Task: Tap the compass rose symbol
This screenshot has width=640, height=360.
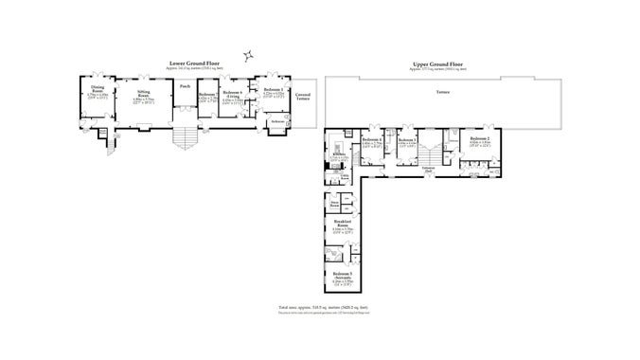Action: [248, 54]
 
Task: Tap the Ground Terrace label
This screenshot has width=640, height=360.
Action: [304, 96]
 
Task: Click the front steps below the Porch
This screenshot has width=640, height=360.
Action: [185, 136]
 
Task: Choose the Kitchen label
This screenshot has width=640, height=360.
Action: [338, 153]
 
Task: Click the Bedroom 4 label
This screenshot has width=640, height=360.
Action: [371, 140]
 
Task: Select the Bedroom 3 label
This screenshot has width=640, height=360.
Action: [408, 140]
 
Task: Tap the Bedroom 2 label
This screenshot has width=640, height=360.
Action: [481, 139]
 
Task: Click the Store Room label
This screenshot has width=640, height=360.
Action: [335, 204]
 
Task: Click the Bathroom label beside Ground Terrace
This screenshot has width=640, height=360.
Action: [278, 121]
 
